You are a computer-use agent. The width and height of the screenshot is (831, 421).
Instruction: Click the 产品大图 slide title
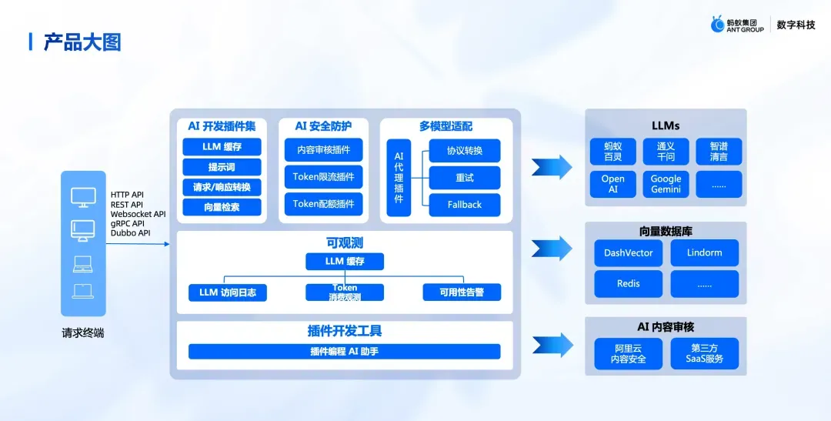point(82,42)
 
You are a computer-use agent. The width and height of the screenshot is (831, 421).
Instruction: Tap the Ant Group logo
point(738,25)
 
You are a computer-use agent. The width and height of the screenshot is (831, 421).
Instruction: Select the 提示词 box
point(222,167)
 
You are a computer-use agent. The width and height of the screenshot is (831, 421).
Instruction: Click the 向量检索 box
point(222,207)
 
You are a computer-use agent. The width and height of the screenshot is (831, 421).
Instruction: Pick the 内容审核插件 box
point(323,149)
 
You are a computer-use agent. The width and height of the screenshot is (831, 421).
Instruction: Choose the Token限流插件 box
point(323,176)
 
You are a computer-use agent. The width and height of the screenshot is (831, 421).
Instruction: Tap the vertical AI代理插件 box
point(399,178)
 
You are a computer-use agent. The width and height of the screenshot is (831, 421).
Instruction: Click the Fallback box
point(465,205)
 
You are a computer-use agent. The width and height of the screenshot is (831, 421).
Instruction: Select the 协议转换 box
point(465,150)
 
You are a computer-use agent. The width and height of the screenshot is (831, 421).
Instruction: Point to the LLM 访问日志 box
point(228,292)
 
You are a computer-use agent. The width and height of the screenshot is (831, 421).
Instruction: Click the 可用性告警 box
point(462,292)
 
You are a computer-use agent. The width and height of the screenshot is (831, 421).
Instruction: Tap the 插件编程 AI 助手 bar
point(344,352)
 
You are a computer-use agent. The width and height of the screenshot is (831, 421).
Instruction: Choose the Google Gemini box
point(666,184)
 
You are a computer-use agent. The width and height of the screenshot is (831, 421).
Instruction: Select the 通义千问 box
point(666,151)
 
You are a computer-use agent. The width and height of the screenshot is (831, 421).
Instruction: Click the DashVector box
point(628,252)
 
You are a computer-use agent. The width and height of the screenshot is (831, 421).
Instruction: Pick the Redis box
point(628,283)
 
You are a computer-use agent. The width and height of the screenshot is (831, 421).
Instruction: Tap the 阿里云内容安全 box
point(628,353)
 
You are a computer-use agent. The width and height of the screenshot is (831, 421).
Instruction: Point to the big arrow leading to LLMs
point(552,166)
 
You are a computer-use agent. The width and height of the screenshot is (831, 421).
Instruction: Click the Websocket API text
point(138,214)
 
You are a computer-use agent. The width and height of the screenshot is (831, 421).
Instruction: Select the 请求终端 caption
point(83,333)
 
